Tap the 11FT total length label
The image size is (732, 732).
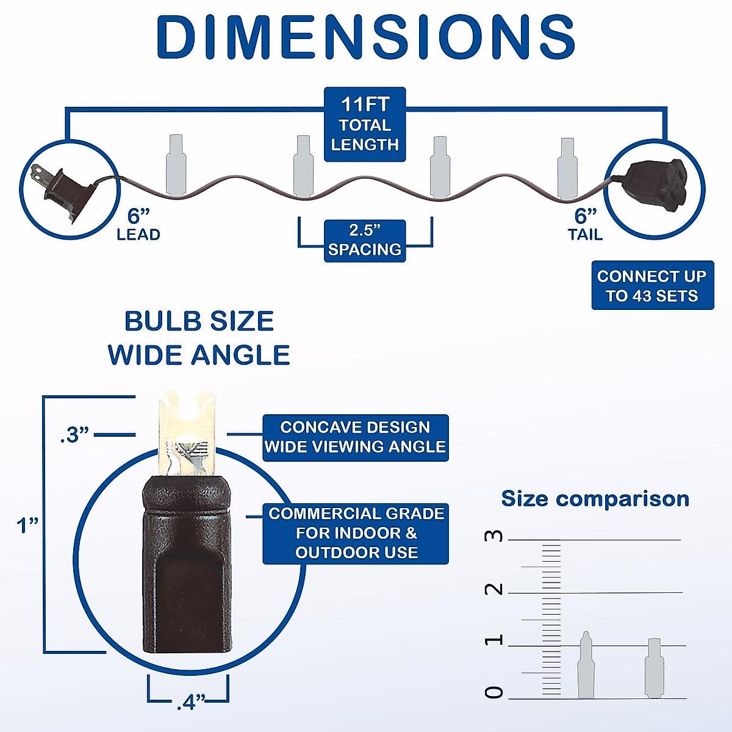click(365, 124)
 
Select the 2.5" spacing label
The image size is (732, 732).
click(365, 240)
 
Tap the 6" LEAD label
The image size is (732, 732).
click(138, 224)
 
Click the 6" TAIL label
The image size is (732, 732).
click(585, 224)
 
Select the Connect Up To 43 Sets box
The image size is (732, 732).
click(652, 285)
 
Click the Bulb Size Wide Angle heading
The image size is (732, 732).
click(199, 338)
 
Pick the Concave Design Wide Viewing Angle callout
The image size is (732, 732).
click(356, 437)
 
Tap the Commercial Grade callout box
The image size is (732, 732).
click(356, 533)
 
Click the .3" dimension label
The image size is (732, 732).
click(74, 435)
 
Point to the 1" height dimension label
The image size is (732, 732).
click(27, 525)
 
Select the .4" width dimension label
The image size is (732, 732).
click(190, 703)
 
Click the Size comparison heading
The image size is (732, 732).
click(595, 499)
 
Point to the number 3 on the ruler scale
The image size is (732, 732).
click(494, 536)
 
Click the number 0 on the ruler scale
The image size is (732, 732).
click(494, 692)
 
